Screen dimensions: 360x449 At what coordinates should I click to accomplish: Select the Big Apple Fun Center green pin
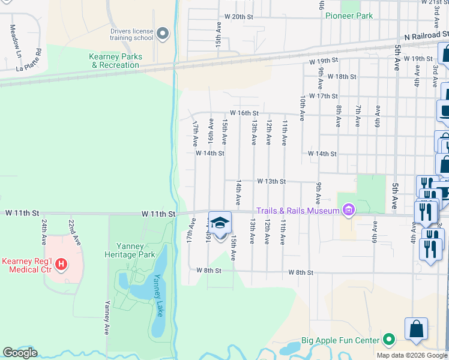(389, 340)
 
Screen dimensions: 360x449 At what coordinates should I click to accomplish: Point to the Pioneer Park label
(349, 16)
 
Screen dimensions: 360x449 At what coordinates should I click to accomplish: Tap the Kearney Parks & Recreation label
(115, 61)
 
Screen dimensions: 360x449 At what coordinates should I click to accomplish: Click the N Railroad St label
(426, 37)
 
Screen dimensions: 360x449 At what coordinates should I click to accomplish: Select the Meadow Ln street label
(16, 40)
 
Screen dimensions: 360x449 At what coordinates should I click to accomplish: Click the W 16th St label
(244, 113)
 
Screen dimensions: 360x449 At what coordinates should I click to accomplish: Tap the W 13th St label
(271, 181)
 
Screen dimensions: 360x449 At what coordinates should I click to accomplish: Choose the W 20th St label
(240, 17)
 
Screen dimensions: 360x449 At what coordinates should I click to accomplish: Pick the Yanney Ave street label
(107, 317)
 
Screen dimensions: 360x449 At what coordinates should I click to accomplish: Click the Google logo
(20, 353)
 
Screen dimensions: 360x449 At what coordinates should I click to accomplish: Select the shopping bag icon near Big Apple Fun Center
(416, 330)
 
